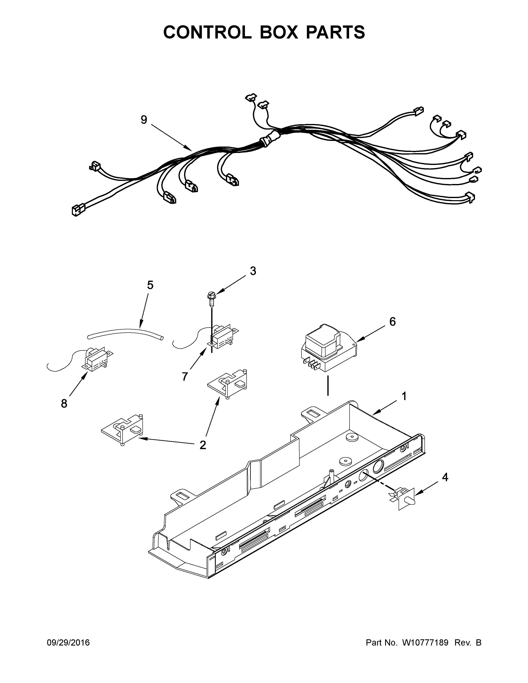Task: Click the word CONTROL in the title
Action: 207,32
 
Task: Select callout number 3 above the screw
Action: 253,271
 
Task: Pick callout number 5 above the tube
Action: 150,285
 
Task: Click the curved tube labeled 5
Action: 125,332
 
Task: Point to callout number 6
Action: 392,321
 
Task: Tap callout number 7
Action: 185,376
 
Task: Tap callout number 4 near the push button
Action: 445,477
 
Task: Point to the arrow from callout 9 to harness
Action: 172,138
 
